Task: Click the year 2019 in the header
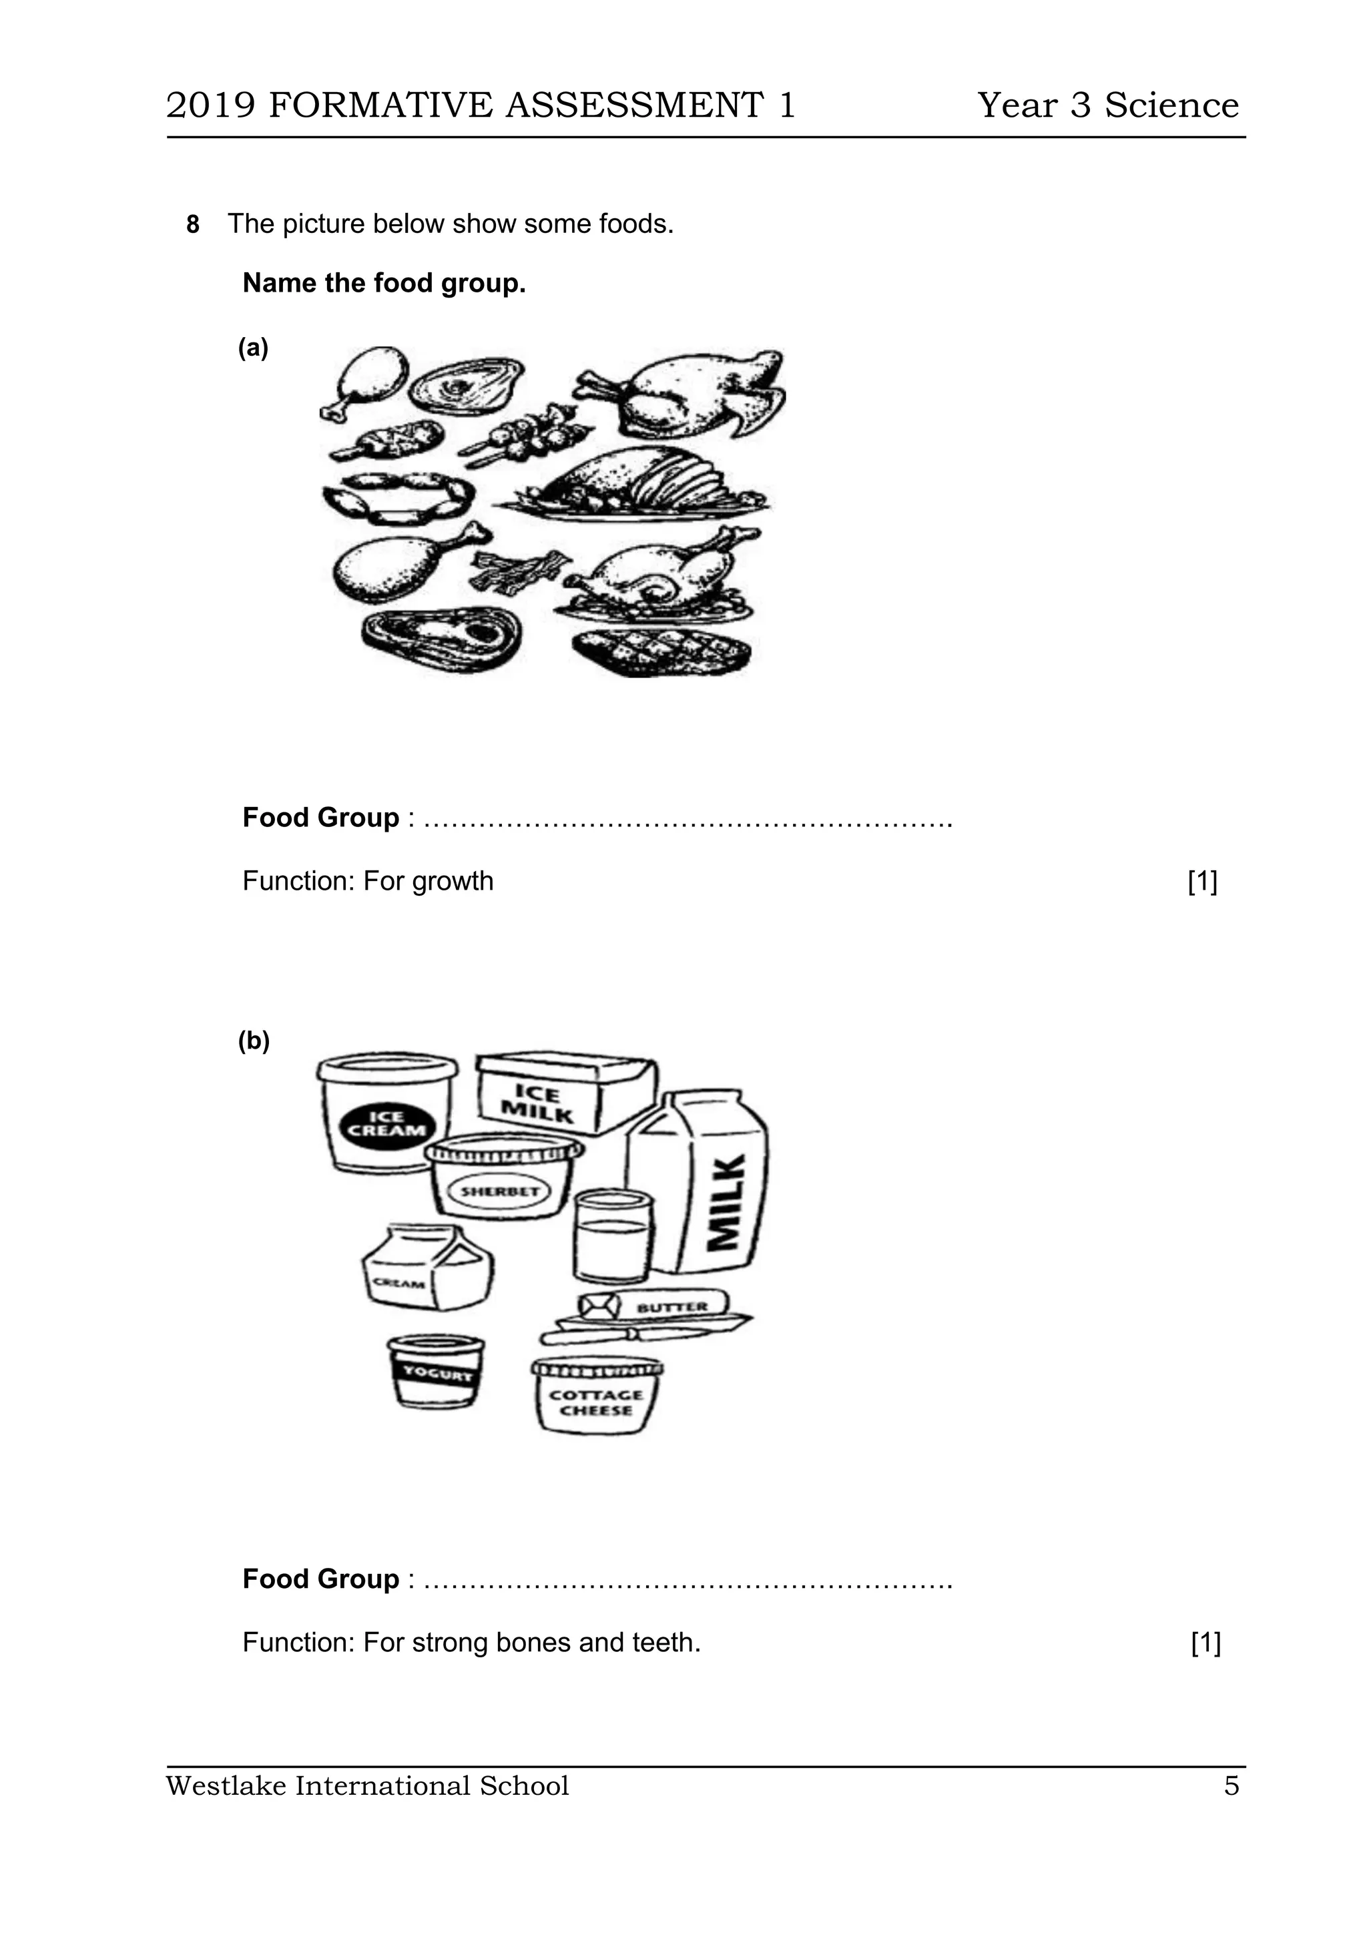coord(210,106)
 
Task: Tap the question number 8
coord(193,225)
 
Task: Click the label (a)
coord(252,348)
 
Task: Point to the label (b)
coord(254,1041)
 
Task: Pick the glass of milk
coord(613,1236)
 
